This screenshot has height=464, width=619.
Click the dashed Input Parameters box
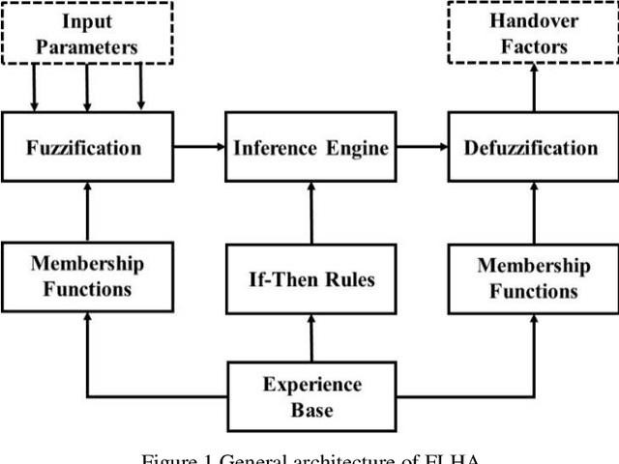click(x=87, y=32)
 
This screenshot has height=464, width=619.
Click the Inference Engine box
click(x=310, y=148)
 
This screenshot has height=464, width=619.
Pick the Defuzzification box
click(x=531, y=148)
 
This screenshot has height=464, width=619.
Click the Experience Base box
click(x=310, y=395)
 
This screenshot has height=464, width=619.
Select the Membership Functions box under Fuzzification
click(x=87, y=277)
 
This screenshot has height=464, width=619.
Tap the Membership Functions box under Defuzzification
click(x=533, y=277)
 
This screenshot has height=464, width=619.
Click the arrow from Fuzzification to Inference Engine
click(x=199, y=147)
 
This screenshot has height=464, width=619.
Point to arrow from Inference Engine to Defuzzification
click(x=422, y=147)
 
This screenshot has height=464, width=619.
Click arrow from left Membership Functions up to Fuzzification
click(x=87, y=213)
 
